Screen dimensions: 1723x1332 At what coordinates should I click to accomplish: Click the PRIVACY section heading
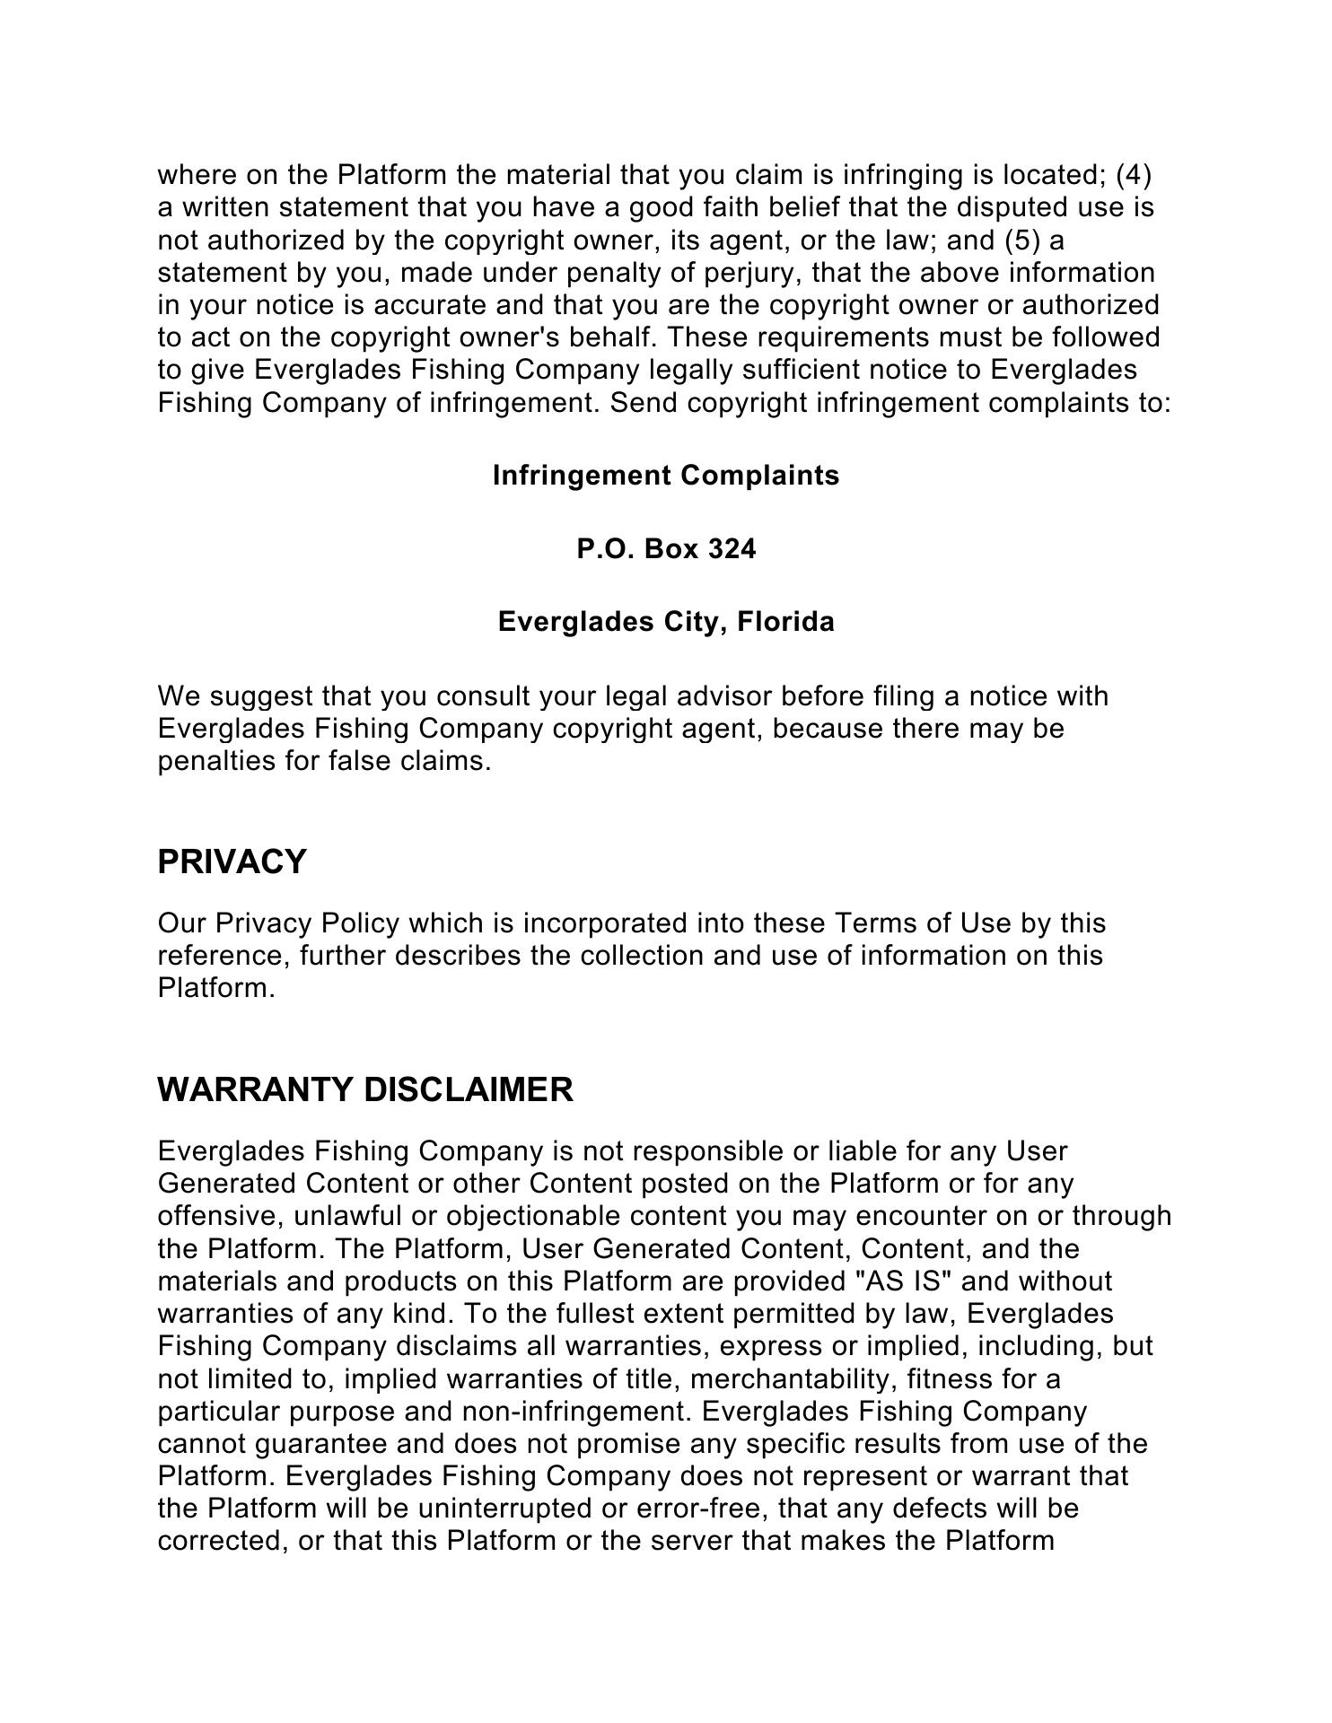point(232,861)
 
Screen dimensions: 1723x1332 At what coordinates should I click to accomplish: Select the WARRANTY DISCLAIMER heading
point(364,1089)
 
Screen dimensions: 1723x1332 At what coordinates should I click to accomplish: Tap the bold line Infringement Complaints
point(666,476)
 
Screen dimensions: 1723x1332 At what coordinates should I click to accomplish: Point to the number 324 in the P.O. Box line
point(732,548)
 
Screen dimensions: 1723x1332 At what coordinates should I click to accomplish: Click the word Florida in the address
point(785,622)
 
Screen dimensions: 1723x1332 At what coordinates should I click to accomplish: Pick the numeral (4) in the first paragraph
point(1133,175)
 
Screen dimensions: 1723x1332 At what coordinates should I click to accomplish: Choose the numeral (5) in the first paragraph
point(1023,241)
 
